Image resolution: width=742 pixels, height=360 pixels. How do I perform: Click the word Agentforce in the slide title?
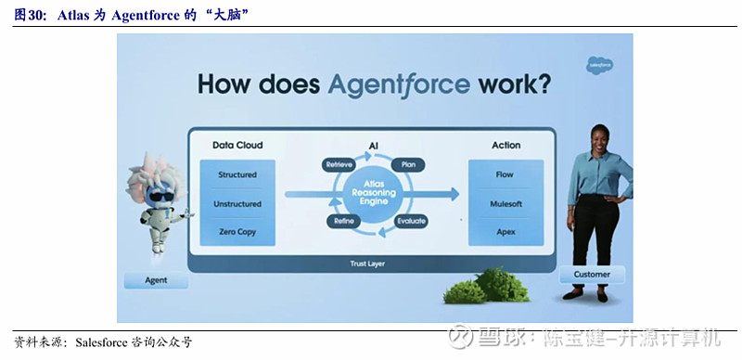click(x=399, y=85)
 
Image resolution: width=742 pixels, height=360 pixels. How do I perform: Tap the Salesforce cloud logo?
click(x=599, y=66)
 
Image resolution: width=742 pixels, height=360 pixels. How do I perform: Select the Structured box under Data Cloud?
click(x=237, y=174)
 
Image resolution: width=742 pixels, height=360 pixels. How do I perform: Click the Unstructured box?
click(x=237, y=203)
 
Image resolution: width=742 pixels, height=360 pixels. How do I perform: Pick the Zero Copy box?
click(x=237, y=232)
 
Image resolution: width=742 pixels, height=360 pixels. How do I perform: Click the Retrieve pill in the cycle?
click(x=338, y=165)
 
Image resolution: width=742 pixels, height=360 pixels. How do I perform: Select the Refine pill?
click(x=339, y=222)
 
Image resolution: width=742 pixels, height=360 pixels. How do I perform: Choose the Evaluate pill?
click(x=411, y=222)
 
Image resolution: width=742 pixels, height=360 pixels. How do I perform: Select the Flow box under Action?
click(x=505, y=174)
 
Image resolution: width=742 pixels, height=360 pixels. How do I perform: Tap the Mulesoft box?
click(x=505, y=203)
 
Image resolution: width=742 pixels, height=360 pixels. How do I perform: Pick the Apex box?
click(x=505, y=232)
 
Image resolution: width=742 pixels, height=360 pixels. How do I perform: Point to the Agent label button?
click(x=156, y=280)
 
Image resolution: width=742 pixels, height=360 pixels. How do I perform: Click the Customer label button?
click(x=592, y=275)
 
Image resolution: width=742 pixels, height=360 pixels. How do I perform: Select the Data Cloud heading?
click(x=237, y=146)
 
